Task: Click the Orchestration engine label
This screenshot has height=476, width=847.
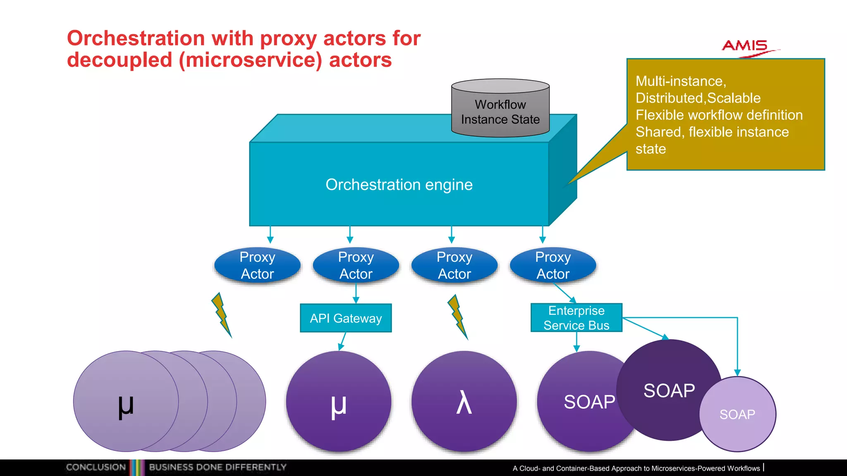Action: [399, 185]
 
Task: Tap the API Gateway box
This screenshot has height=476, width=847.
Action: [346, 318]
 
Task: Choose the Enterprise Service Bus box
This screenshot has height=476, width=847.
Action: [576, 318]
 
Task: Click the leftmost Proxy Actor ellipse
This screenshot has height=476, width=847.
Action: [257, 265]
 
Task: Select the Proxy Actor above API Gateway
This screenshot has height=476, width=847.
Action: [356, 265]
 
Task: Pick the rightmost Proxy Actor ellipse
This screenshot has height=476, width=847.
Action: [553, 265]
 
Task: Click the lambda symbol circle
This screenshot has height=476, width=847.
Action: [464, 402]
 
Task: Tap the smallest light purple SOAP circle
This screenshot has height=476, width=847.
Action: [737, 414]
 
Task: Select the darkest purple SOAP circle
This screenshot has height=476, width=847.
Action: [669, 390]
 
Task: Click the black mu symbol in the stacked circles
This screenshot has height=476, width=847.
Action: [126, 406]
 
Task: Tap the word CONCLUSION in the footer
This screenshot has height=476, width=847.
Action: [96, 467]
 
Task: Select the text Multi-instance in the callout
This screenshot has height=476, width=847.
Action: [680, 81]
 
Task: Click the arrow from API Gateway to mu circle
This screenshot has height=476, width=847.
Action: [342, 341]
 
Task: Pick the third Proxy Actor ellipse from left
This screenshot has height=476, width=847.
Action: [454, 265]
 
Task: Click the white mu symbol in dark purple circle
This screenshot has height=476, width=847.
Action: [338, 406]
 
